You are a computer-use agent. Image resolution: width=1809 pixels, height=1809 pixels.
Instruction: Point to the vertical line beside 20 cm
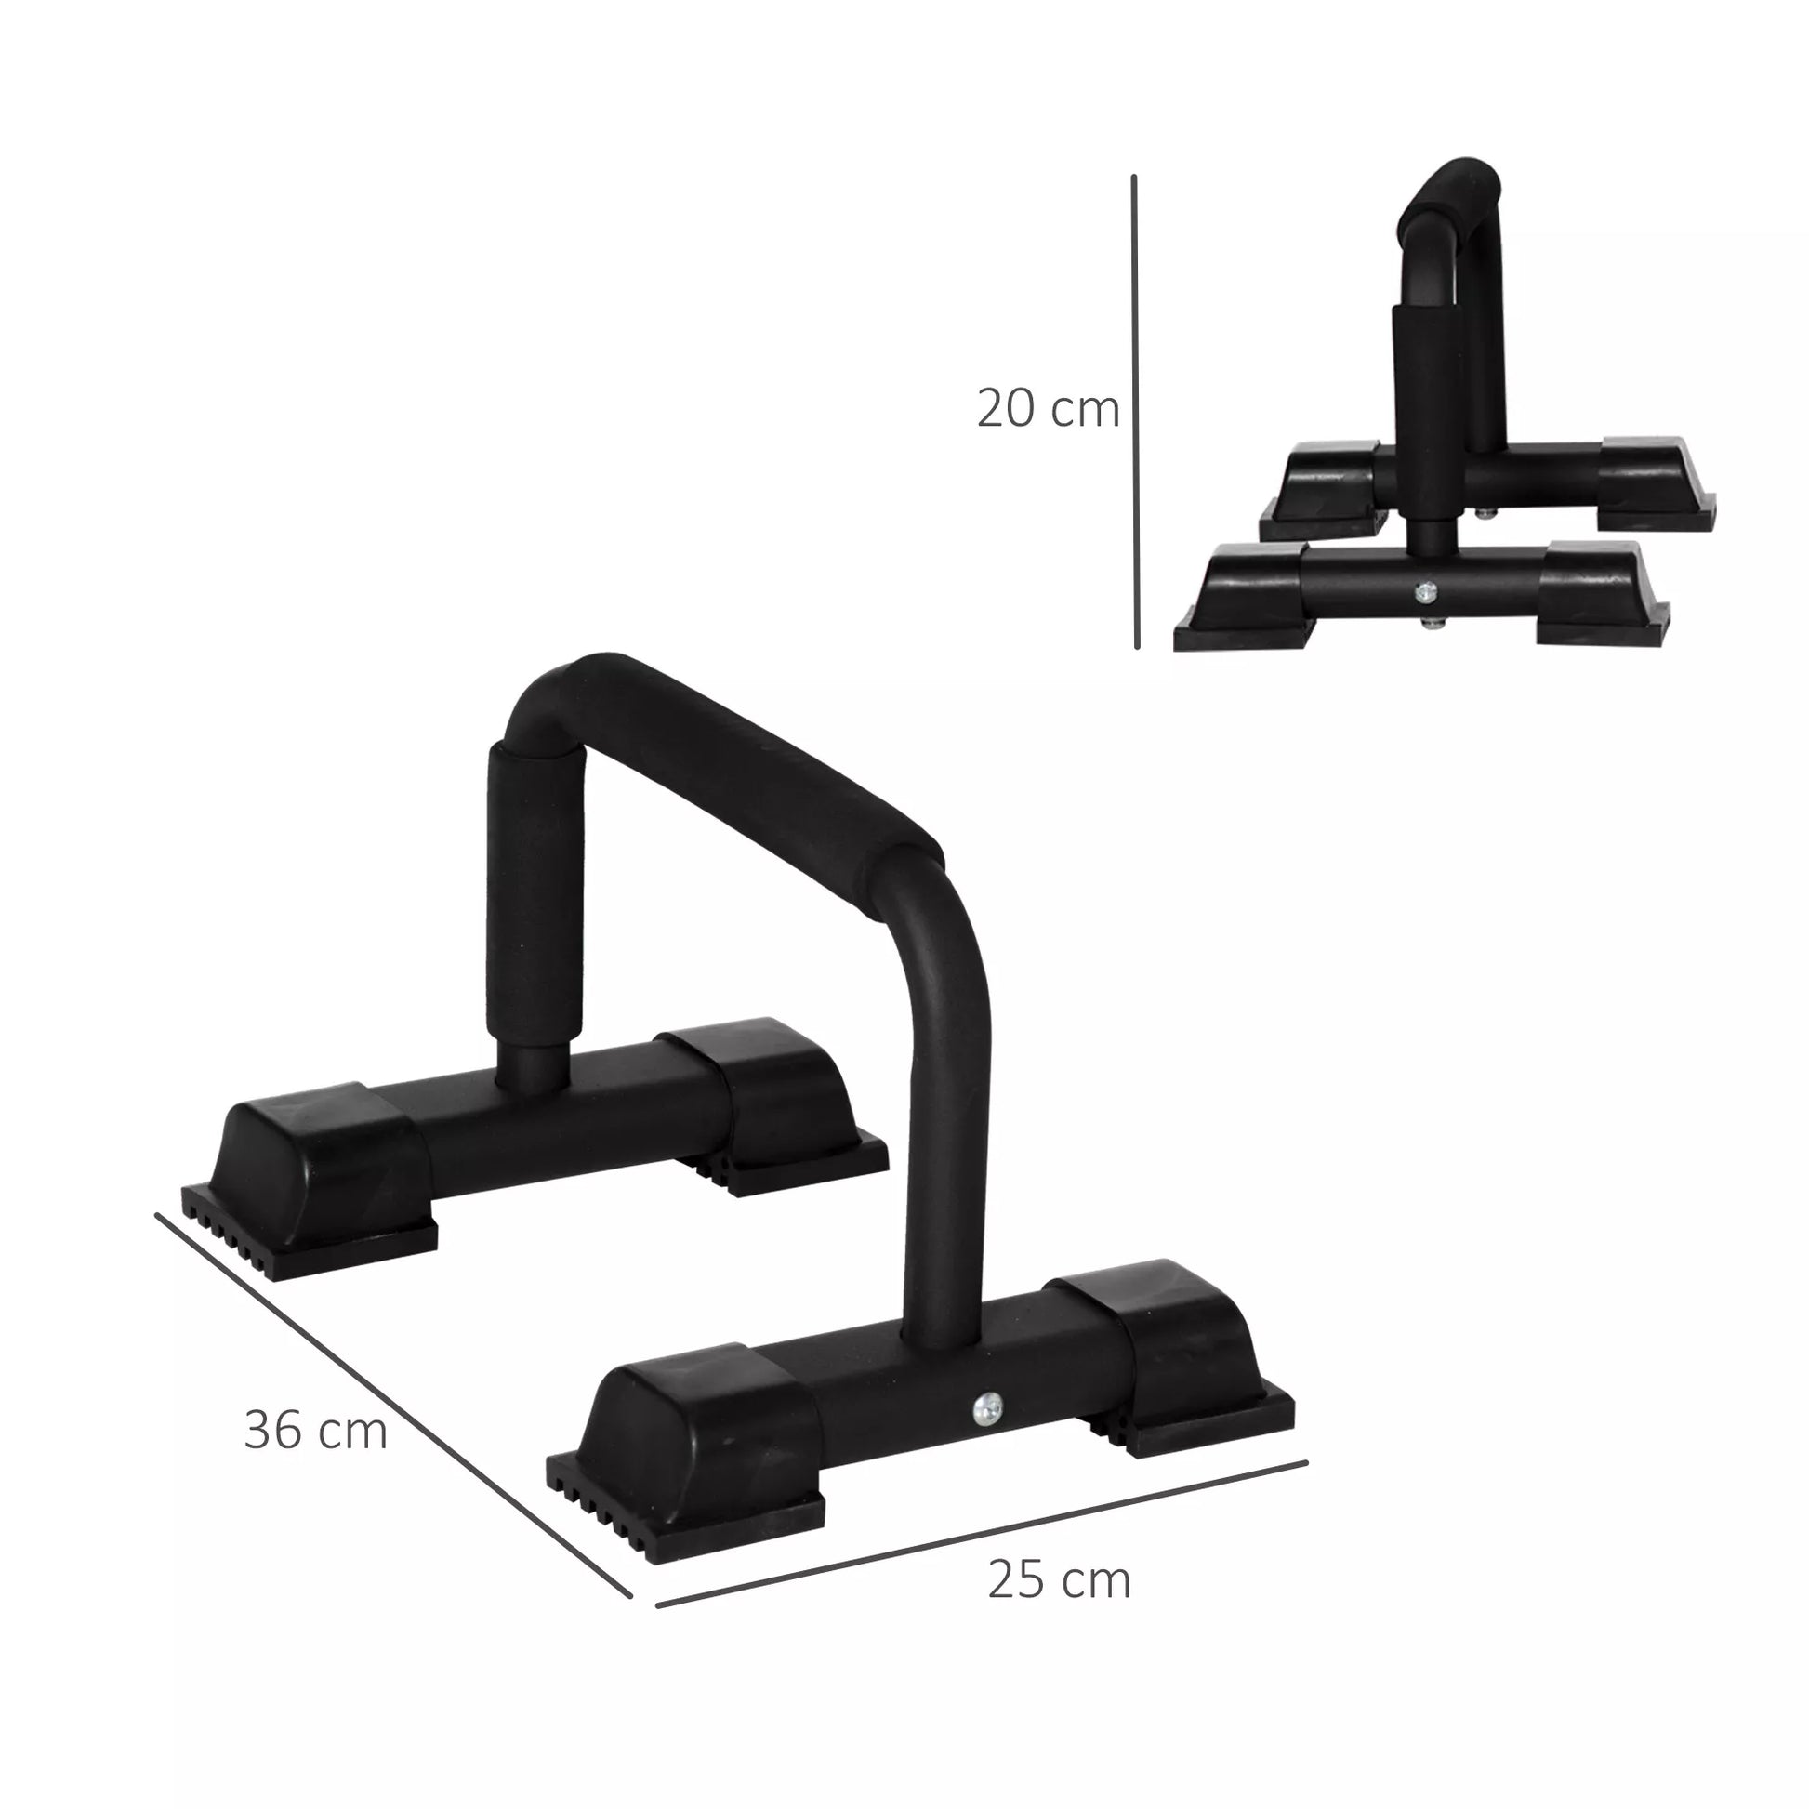pyautogui.click(x=1135, y=411)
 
